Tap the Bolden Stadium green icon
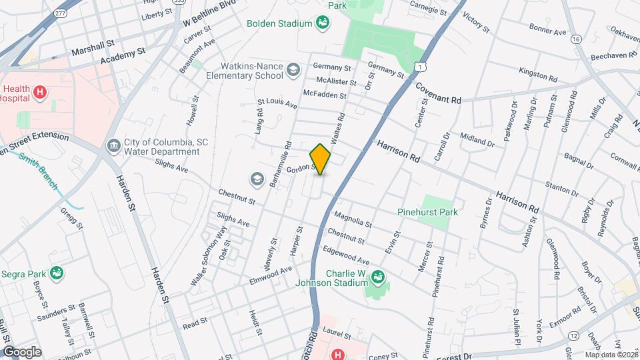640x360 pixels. [322, 24]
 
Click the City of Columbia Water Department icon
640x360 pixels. [113, 145]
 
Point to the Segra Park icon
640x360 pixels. [58, 273]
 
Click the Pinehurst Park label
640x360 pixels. [427, 212]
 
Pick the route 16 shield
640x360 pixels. [575, 40]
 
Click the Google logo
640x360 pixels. [22, 351]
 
